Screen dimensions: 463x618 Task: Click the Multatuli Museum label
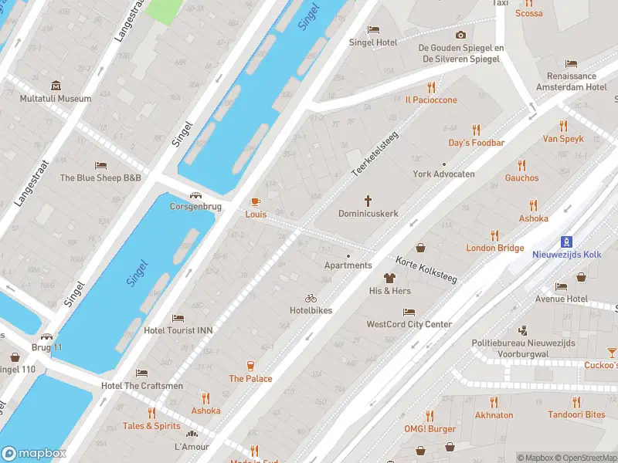(56, 99)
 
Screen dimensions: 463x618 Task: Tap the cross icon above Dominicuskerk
(368, 200)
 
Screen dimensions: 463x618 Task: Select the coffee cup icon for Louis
(256, 201)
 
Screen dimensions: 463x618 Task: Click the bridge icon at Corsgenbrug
(196, 195)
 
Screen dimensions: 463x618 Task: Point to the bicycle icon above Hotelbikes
(311, 298)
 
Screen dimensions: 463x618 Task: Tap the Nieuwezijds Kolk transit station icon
(566, 242)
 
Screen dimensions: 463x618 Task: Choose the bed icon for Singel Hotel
(373, 29)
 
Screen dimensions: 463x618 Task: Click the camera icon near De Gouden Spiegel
(461, 35)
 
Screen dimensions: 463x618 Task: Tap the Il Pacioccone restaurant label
(431, 100)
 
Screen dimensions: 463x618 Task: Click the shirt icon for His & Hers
(389, 278)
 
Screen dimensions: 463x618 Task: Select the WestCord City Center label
(409, 325)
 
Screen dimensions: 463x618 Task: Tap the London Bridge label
(494, 248)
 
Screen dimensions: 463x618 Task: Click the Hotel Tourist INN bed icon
(178, 317)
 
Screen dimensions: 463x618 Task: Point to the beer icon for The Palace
(250, 366)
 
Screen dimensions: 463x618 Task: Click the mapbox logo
(34, 453)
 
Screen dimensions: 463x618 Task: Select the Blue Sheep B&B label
(100, 177)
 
